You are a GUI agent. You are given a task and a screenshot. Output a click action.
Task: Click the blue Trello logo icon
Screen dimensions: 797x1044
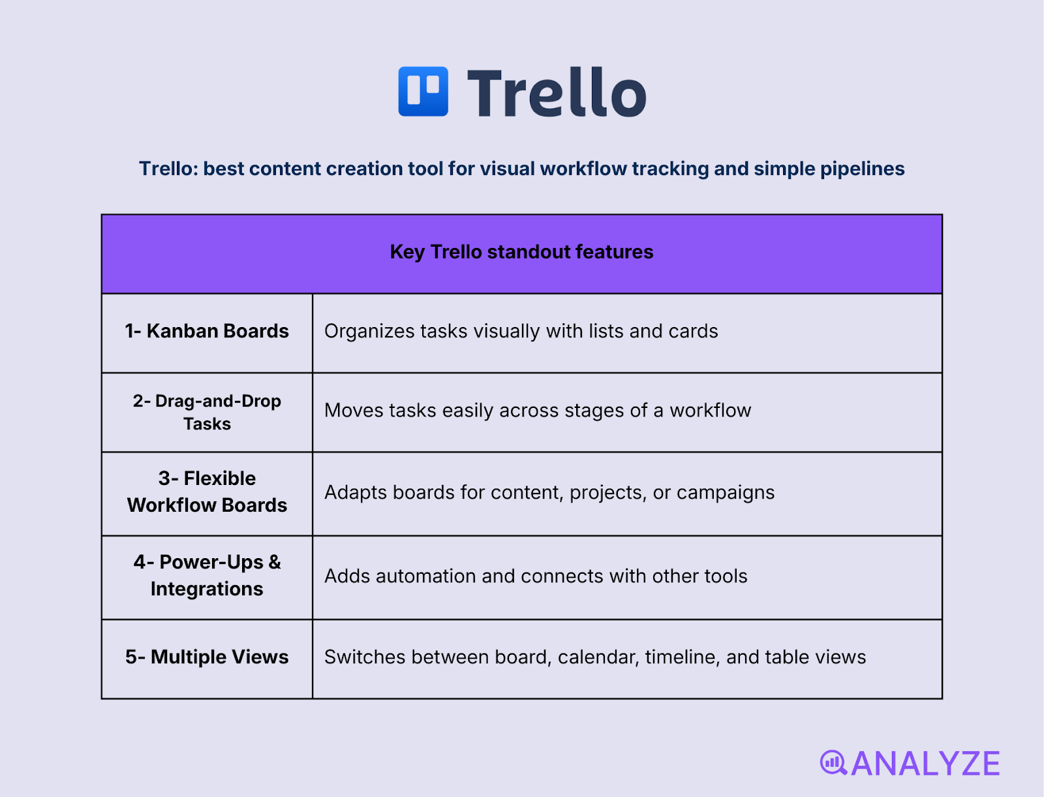pyautogui.click(x=423, y=91)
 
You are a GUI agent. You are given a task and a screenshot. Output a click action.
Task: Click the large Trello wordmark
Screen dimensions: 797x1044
pyautogui.click(x=557, y=93)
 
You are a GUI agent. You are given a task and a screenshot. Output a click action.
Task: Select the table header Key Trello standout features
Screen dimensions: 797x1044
pyautogui.click(x=521, y=252)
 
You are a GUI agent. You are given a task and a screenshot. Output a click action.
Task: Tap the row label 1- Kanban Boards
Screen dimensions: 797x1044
pyautogui.click(x=207, y=331)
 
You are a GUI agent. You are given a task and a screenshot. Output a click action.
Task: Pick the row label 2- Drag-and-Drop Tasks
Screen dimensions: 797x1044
pyautogui.click(x=207, y=412)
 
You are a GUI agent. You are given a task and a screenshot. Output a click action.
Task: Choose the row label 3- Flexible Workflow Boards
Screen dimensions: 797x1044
pyautogui.click(x=207, y=492)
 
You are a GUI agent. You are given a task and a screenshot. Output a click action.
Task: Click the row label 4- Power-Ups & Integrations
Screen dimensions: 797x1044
pyautogui.click(x=207, y=575)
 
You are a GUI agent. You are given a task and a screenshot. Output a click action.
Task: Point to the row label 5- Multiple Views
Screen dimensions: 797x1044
pyautogui.click(x=207, y=657)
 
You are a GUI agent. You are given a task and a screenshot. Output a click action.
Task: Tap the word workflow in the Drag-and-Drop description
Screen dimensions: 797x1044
pyautogui.click(x=710, y=411)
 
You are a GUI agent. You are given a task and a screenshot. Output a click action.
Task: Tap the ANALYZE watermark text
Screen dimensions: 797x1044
pyautogui.click(x=925, y=764)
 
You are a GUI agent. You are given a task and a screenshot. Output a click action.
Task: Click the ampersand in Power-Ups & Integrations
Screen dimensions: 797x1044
pyautogui.click(x=275, y=562)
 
